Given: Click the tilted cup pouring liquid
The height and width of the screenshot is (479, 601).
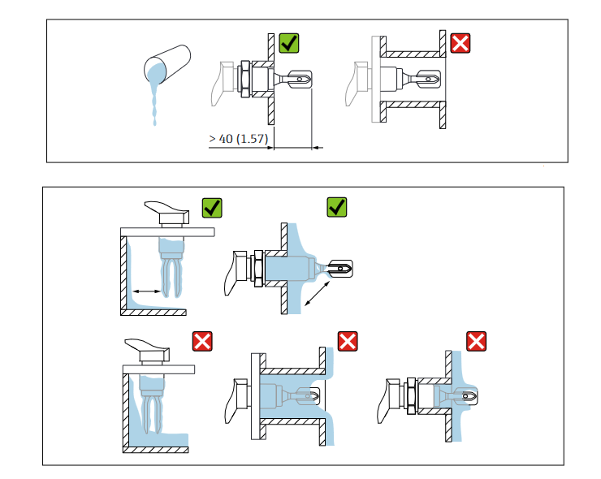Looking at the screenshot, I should [x=166, y=65].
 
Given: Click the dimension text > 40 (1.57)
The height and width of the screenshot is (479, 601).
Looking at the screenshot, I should [x=237, y=139].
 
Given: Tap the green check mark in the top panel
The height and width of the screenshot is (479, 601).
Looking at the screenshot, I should [x=288, y=43].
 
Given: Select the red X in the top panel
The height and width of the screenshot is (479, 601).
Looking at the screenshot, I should [x=460, y=43].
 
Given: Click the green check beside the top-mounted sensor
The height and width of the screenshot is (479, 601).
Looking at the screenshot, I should [x=211, y=208].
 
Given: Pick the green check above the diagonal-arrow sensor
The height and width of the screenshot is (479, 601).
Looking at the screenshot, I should [x=336, y=208].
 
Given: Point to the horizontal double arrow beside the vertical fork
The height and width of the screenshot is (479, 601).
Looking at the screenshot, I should [x=147, y=290].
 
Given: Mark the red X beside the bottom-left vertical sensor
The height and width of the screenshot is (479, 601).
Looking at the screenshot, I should [x=201, y=341].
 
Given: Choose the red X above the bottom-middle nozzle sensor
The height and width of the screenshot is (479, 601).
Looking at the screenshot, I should [x=348, y=341].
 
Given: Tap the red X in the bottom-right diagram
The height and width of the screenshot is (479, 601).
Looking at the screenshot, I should [x=476, y=341].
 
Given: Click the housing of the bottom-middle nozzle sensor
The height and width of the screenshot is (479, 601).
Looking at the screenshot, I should [x=239, y=398].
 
